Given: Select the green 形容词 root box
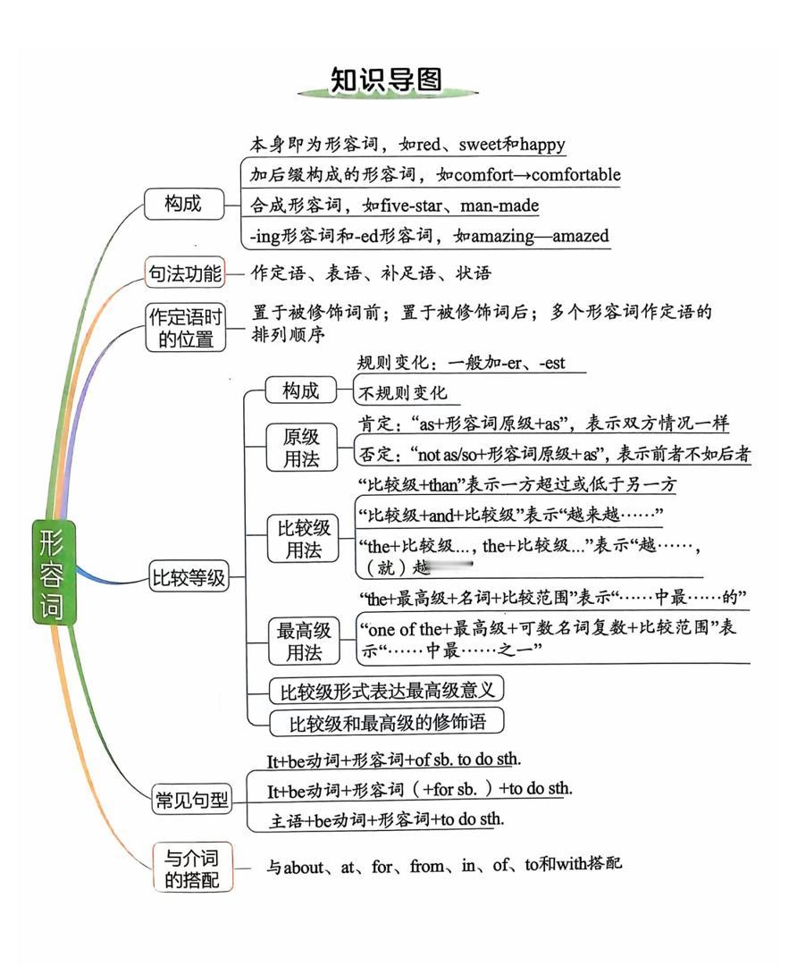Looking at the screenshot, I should tap(55, 572).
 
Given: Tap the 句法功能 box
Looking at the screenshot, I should tap(185, 273).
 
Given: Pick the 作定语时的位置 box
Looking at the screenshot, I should tap(186, 327).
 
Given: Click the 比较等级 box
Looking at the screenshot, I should tap(189, 578).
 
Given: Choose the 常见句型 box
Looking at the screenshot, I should tap(192, 801).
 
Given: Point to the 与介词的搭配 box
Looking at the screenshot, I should tap(192, 867).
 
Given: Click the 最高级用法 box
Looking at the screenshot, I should tap(304, 642).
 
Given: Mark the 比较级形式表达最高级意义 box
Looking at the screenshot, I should tap(387, 691).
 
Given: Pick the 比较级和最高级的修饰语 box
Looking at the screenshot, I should tap(387, 721).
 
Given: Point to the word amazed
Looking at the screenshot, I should tap(580, 236).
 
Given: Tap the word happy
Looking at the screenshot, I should tap(541, 144).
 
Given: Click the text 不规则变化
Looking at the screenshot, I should tap(403, 393).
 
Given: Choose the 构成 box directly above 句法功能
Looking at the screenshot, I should tap(182, 204).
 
